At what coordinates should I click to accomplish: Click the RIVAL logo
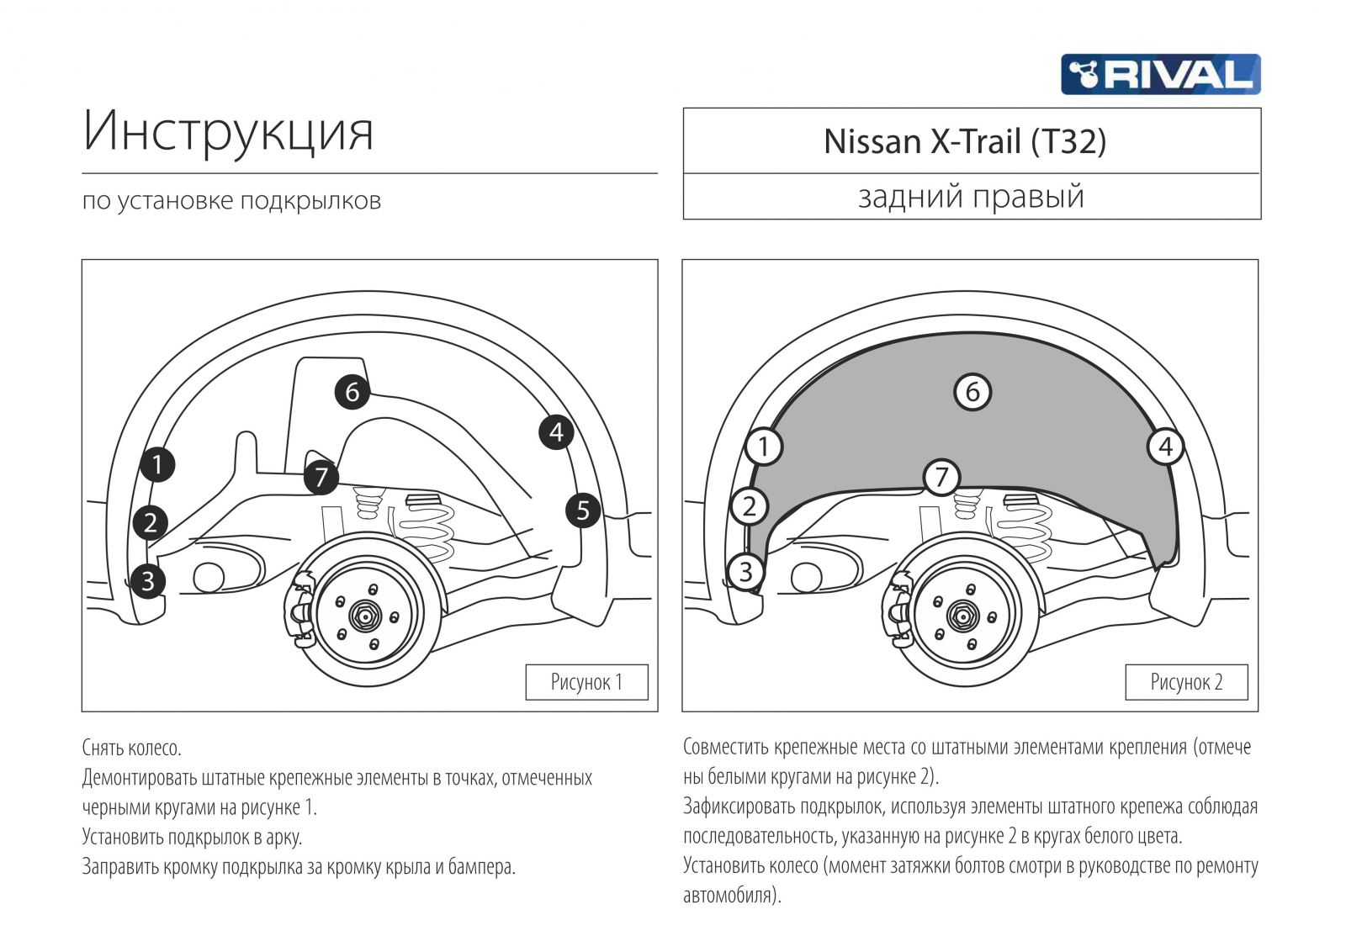1160,74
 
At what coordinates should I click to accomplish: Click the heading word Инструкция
228,131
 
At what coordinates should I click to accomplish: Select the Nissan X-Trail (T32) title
964,141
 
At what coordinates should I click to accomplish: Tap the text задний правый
971,197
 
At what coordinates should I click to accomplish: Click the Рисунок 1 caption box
586,682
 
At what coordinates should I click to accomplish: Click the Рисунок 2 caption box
1186,682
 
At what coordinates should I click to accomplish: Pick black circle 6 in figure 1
352,392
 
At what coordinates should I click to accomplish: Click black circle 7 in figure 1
321,478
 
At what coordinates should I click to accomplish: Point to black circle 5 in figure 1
583,510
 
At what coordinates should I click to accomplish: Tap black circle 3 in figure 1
148,580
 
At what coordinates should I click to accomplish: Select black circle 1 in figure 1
157,464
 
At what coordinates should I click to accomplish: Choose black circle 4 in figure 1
556,432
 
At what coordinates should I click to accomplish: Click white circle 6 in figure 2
972,392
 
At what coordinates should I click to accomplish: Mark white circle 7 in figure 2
941,478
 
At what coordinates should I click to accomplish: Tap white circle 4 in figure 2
1165,447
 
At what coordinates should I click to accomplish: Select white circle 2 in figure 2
749,506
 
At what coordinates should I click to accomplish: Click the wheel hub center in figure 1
366,616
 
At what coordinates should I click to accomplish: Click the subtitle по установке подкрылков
231,201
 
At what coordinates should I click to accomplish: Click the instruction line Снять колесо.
131,748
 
